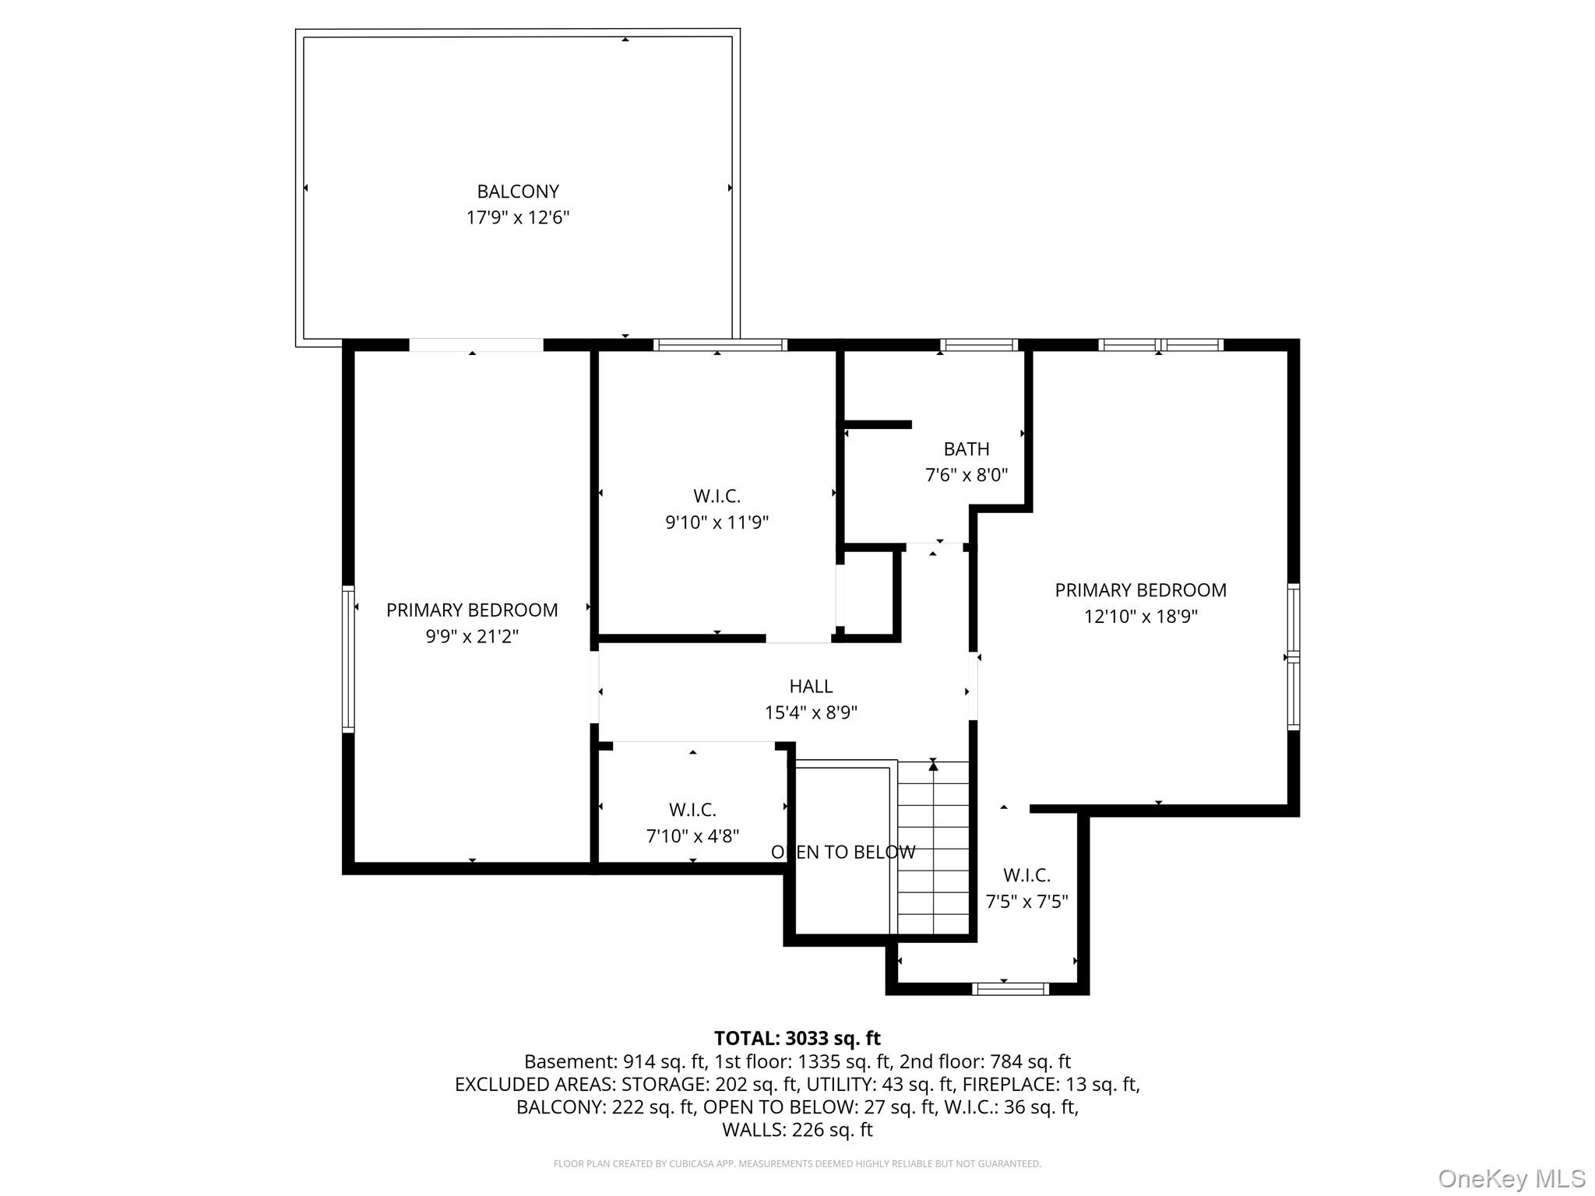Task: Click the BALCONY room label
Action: coord(518,192)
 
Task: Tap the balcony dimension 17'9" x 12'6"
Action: coord(518,217)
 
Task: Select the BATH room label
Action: coord(967,449)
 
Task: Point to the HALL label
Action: coord(811,686)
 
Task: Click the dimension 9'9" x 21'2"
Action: coord(472,636)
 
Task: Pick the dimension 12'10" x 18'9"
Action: coord(1141,617)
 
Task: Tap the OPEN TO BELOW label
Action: coord(843,852)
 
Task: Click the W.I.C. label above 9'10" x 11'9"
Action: coord(717,496)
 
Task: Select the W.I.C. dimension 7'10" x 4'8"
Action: coord(692,836)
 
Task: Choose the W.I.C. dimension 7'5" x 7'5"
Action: coord(1026,902)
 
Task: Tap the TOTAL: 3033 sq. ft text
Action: coord(797,1038)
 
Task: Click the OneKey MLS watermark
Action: coord(1512,1179)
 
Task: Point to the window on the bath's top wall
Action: coord(979,345)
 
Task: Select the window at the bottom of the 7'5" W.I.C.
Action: coord(1011,989)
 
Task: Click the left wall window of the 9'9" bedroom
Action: coord(348,659)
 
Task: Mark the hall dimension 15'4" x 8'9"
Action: coord(811,712)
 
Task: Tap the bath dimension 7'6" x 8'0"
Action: coord(967,475)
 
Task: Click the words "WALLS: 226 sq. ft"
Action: coord(797,1130)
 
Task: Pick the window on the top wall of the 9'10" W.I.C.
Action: coord(720,345)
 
